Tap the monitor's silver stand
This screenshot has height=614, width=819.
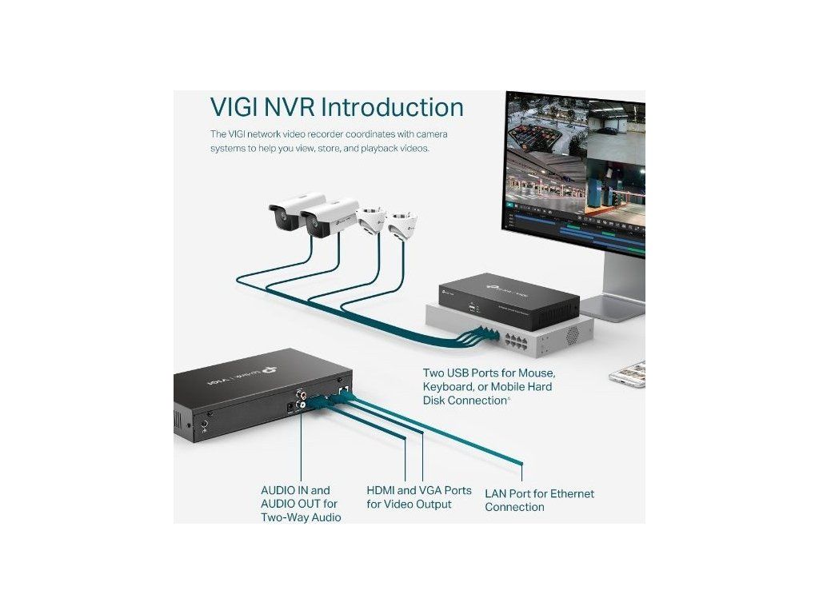(x=616, y=288)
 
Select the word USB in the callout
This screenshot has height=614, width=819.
(x=466, y=373)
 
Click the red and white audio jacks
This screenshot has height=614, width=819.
(x=303, y=400)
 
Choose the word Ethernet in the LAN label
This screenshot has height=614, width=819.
(x=571, y=494)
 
